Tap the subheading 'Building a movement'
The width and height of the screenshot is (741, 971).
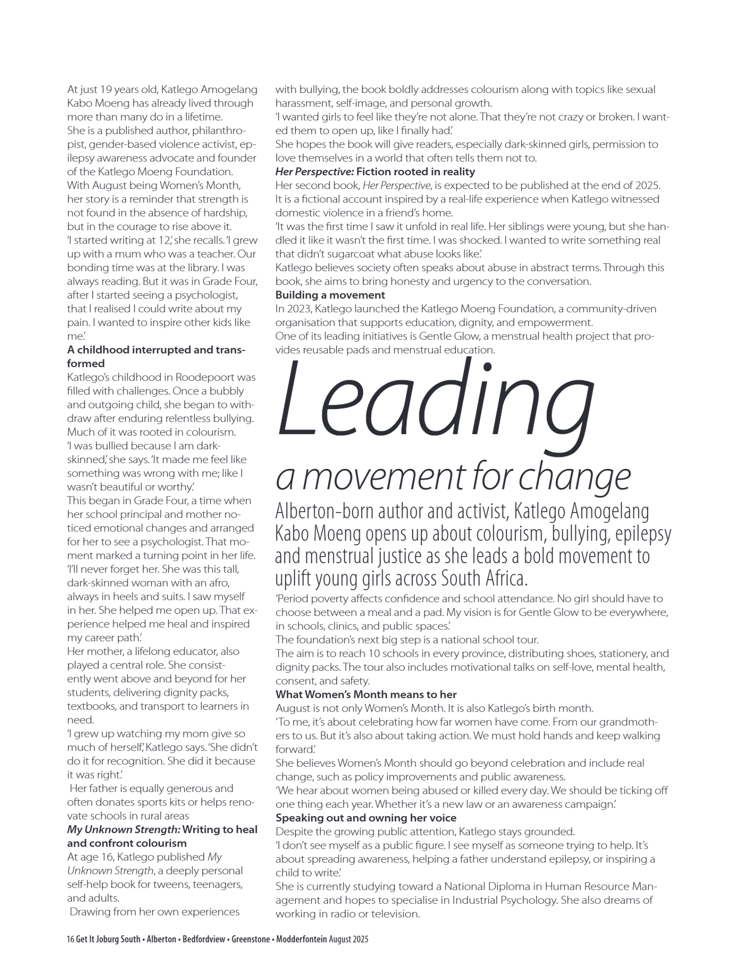(x=330, y=295)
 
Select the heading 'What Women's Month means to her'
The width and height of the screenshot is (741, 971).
(x=365, y=695)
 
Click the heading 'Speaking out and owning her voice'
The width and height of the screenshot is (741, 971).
(x=365, y=818)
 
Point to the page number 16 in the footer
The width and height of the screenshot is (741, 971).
(x=70, y=939)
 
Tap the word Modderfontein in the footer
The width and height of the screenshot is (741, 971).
(x=301, y=939)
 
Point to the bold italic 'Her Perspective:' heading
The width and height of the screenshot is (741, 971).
(x=314, y=172)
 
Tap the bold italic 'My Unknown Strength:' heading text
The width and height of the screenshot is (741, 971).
(x=124, y=830)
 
